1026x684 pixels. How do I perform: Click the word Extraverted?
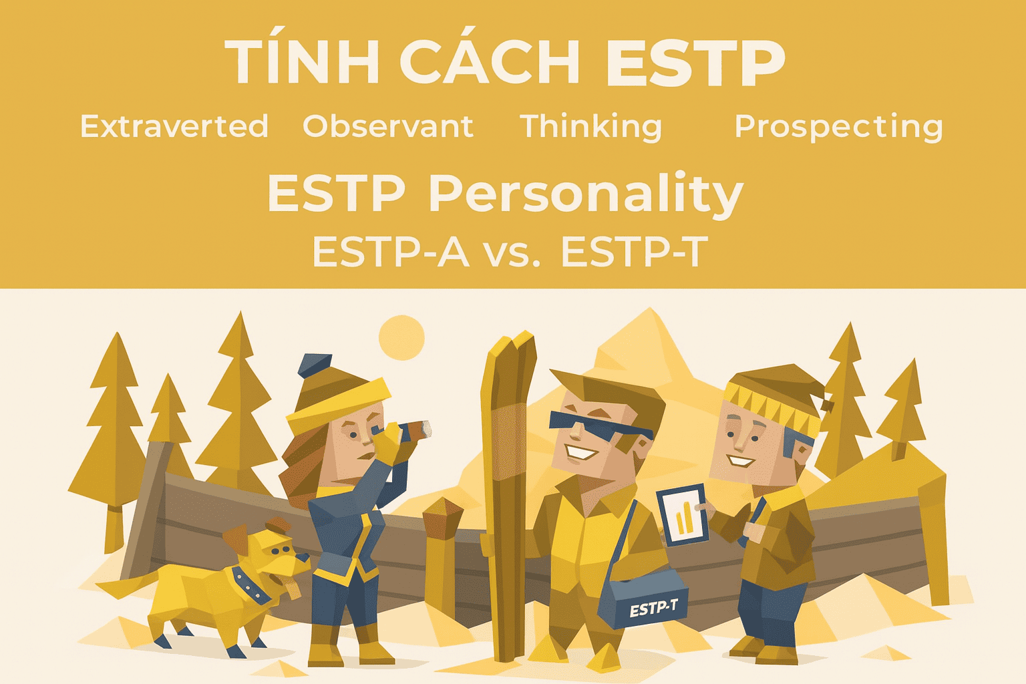(174, 126)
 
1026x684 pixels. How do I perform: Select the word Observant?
(388, 126)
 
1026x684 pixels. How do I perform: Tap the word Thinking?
(591, 128)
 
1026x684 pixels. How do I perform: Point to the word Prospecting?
(839, 128)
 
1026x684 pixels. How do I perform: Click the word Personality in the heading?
(585, 195)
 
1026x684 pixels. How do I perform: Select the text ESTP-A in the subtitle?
(391, 252)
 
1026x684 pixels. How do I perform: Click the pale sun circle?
(401, 337)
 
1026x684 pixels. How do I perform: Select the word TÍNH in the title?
(302, 61)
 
